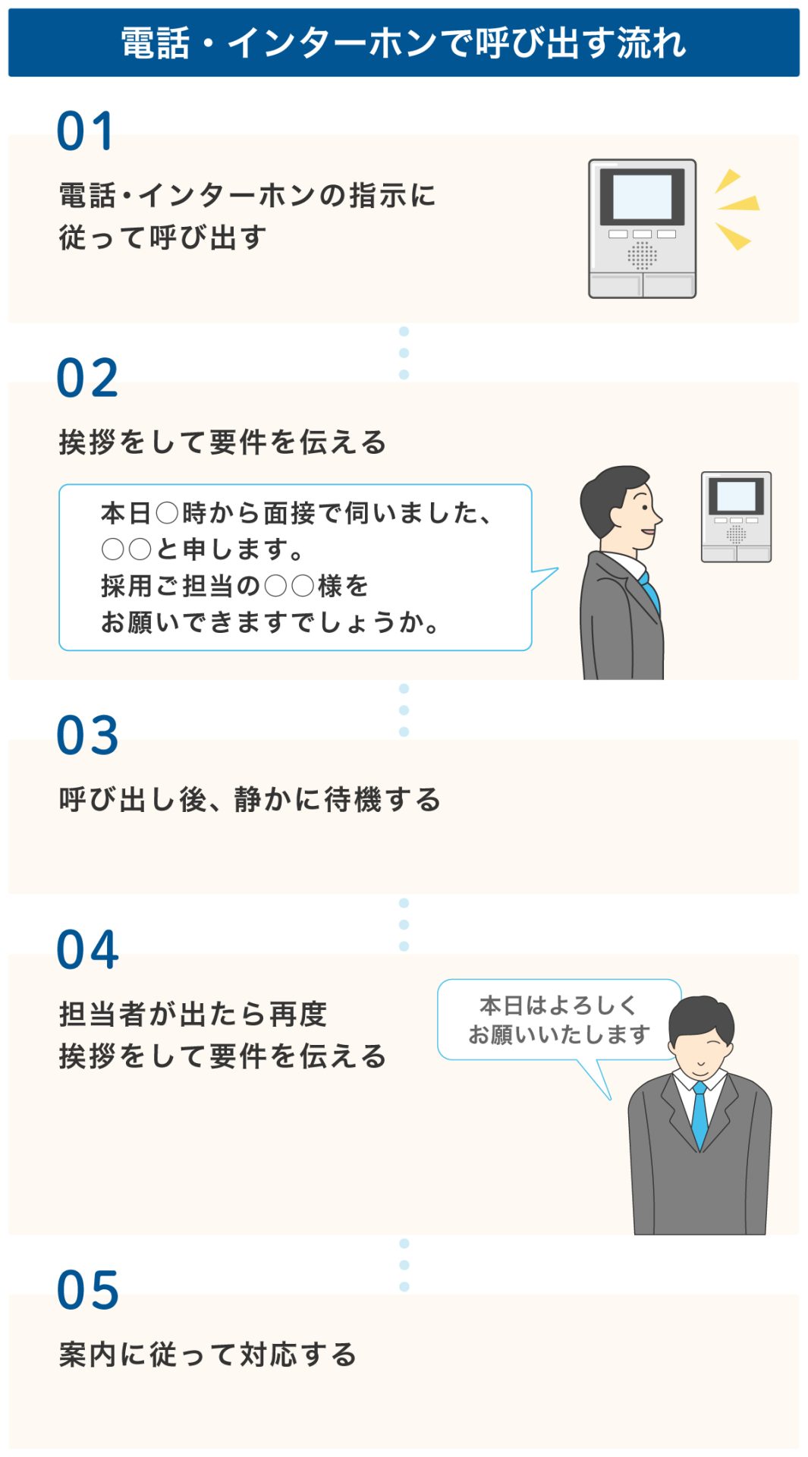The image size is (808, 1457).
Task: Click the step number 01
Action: click(x=85, y=132)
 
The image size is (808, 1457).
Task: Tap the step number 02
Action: click(x=87, y=379)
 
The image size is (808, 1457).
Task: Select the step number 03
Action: click(x=87, y=736)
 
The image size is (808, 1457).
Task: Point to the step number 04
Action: click(x=87, y=950)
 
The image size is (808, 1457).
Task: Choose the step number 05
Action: click(x=87, y=1291)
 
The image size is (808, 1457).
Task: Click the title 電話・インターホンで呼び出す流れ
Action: click(x=404, y=43)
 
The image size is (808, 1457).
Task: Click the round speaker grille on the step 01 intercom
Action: click(x=642, y=256)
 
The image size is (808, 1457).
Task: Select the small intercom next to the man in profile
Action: click(x=736, y=517)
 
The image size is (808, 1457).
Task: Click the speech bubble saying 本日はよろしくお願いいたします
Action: click(x=559, y=1020)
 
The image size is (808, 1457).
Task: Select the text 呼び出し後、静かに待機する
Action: click(x=250, y=800)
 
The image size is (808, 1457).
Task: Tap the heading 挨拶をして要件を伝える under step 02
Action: click(x=222, y=442)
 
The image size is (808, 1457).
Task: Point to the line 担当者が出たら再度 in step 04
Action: click(x=193, y=1015)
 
